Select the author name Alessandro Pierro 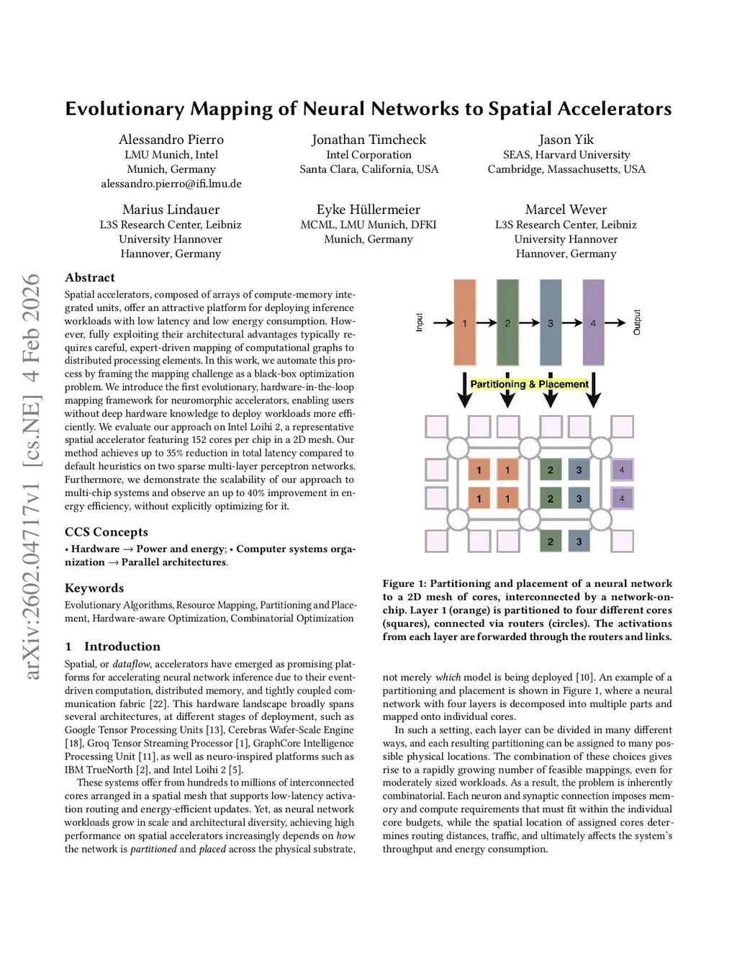(171, 140)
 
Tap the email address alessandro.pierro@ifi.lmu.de (171, 184)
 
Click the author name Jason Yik (566, 140)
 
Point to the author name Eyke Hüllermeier (368, 210)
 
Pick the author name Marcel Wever (566, 210)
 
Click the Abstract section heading (90, 278)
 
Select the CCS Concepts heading (107, 532)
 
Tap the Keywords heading (94, 588)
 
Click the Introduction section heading (122, 647)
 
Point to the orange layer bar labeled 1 (464, 323)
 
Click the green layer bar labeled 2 (507, 323)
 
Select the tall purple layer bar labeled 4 (593, 323)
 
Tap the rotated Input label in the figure (420, 323)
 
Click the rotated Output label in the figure (637, 322)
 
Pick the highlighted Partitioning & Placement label (529, 384)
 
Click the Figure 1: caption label (404, 584)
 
